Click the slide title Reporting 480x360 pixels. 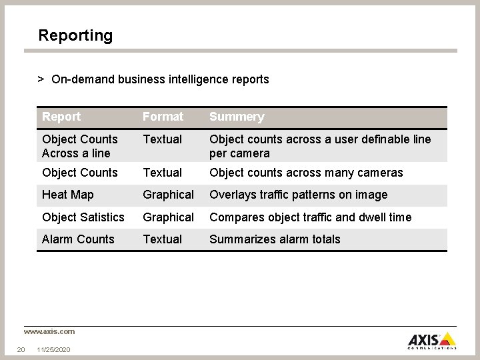(x=75, y=35)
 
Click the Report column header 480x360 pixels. (x=61, y=117)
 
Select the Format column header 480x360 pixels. (x=163, y=117)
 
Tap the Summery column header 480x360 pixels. (x=237, y=117)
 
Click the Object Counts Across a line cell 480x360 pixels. (x=79, y=146)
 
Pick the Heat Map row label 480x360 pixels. (x=67, y=195)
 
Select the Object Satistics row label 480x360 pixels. (x=83, y=217)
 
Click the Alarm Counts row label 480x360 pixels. (x=78, y=239)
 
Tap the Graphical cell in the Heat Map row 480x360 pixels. (x=168, y=195)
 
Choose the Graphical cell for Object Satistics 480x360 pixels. (x=168, y=217)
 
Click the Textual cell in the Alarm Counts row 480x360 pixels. (x=162, y=239)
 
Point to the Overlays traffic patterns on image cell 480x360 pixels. (x=298, y=195)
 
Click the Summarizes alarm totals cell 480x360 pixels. (x=275, y=239)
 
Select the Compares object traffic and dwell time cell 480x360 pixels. (x=310, y=217)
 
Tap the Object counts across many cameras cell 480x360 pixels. (x=306, y=173)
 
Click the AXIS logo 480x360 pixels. (x=432, y=339)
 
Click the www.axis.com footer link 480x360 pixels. (x=49, y=331)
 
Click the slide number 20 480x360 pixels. (x=21, y=349)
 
